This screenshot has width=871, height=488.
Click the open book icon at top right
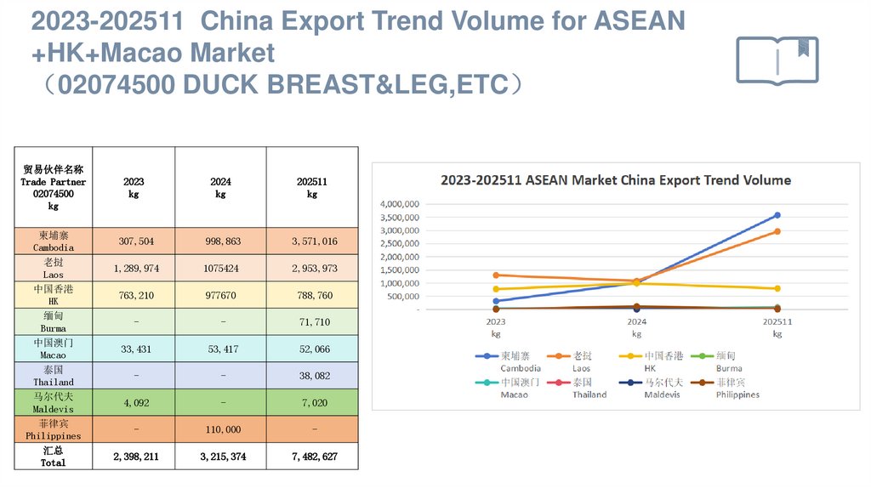click(777, 60)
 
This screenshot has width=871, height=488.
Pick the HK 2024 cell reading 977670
click(220, 295)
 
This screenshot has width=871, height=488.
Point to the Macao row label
click(54, 348)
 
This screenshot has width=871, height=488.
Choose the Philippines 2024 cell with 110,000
click(220, 430)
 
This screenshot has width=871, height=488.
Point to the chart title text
click(615, 180)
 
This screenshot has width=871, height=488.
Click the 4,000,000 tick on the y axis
click(399, 205)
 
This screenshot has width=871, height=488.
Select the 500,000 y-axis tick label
click(403, 297)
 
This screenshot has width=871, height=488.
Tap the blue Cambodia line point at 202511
click(777, 215)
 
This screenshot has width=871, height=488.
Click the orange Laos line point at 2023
click(496, 275)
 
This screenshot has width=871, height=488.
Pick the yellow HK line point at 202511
click(777, 289)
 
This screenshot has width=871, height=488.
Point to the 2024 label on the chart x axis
click(636, 322)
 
